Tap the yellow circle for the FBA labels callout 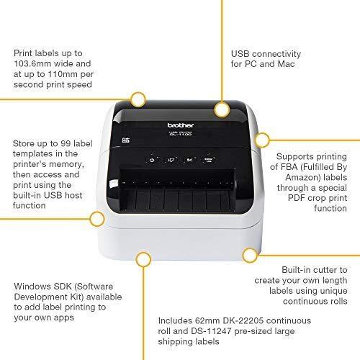point(263,138)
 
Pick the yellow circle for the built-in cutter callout point(250,255)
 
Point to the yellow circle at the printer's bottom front point(144,258)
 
